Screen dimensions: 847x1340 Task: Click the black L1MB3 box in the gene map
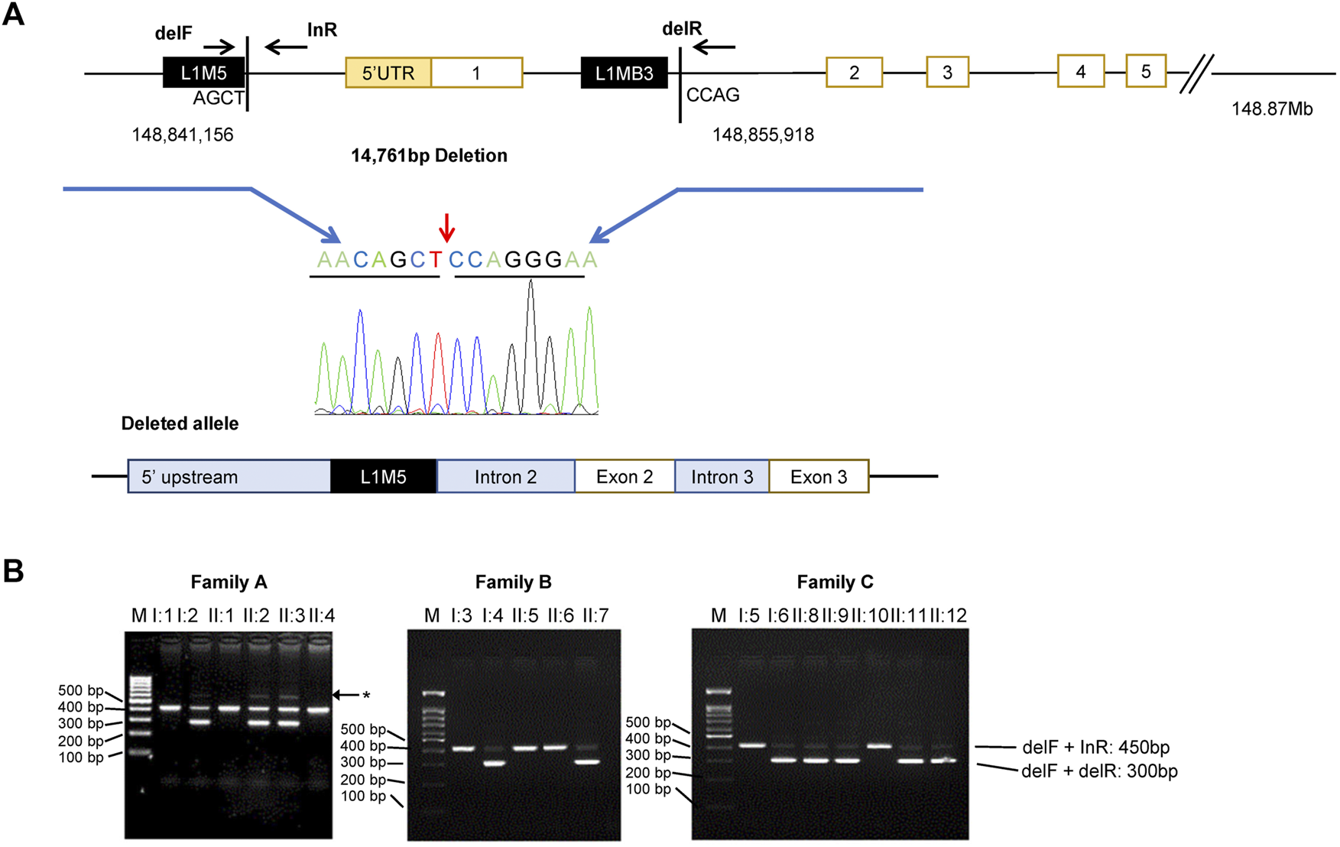[624, 73]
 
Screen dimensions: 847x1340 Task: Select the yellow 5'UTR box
[388, 73]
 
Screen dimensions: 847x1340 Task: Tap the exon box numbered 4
[1080, 71]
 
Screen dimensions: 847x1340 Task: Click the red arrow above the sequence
[446, 226]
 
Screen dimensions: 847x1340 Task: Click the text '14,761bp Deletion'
[429, 156]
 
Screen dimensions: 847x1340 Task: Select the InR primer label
[322, 30]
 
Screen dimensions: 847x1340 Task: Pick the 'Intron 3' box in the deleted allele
[722, 477]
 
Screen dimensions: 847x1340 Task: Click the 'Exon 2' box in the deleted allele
[624, 477]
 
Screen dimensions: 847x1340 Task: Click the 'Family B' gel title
[513, 583]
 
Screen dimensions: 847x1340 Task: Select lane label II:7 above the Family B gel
[595, 615]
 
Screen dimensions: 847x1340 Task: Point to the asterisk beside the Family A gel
[366, 695]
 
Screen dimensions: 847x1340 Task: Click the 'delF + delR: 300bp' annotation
[1098, 771]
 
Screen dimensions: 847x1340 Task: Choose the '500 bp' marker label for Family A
[80, 691]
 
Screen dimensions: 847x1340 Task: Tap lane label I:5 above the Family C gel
[749, 615]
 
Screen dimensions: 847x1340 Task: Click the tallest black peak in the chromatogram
[530, 344]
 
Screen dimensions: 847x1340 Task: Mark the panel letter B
[13, 571]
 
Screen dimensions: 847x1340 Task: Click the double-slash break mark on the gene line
[1196, 74]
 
